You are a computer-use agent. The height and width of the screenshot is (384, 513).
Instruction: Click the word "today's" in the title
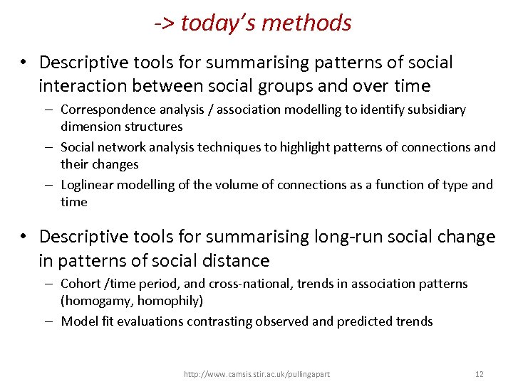218,23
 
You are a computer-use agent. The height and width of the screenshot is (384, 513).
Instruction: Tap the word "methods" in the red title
306,23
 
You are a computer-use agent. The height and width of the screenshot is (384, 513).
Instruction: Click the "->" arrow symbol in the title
165,23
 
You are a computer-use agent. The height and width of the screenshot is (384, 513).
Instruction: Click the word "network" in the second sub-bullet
123,147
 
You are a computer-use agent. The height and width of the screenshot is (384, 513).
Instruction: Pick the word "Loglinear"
87,185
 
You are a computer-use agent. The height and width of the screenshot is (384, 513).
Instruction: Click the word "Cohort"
81,284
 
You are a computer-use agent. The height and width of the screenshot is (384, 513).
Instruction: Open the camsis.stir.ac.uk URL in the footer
256,373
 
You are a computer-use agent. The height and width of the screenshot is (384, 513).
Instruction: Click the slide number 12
480,373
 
